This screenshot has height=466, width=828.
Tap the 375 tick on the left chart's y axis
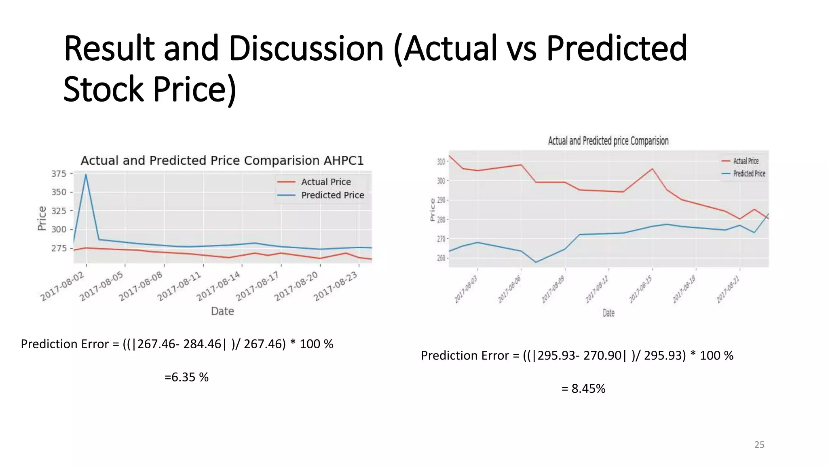pyautogui.click(x=59, y=174)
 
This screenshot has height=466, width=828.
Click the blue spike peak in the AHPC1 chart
pyautogui.click(x=86, y=174)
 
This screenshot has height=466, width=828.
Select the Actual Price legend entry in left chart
pyautogui.click(x=325, y=182)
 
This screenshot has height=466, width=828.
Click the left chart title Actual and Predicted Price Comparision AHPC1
pyautogui.click(x=222, y=161)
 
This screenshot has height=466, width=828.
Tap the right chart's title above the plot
pyautogui.click(x=608, y=141)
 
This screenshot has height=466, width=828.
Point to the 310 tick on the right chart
pyautogui.click(x=441, y=162)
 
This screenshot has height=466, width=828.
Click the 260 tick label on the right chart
pyautogui.click(x=441, y=258)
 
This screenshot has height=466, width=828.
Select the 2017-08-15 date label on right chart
pyautogui.click(x=641, y=289)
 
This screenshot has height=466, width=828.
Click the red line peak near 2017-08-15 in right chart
pyautogui.click(x=652, y=169)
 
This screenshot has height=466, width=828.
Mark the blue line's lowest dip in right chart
pyautogui.click(x=536, y=262)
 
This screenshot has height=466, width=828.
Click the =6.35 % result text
pyautogui.click(x=186, y=377)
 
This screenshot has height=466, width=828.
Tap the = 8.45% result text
pyautogui.click(x=583, y=389)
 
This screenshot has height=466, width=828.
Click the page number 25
pyautogui.click(x=759, y=445)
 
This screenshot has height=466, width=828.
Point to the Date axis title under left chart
pyautogui.click(x=222, y=311)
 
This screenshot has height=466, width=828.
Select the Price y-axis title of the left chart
pyautogui.click(x=42, y=218)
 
